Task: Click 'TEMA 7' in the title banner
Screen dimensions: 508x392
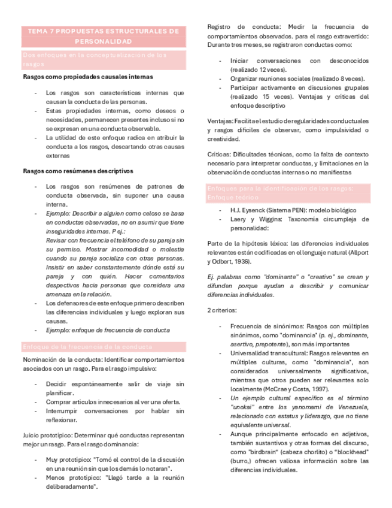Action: point(41,31)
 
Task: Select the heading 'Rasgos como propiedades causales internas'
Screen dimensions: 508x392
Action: point(87,77)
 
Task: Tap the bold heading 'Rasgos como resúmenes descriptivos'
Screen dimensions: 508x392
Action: point(78,171)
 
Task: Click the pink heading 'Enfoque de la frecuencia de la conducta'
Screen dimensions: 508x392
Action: point(87,347)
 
